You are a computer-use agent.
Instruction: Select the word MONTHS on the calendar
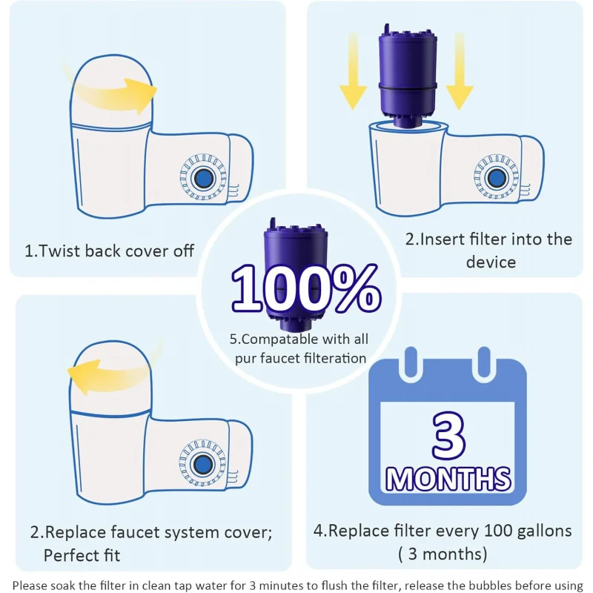point(448,478)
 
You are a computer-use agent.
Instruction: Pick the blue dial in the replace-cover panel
point(200,463)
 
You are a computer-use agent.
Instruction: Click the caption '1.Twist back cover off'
point(109,251)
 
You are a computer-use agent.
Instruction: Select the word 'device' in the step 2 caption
point(491,262)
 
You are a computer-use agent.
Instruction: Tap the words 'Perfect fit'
point(82,554)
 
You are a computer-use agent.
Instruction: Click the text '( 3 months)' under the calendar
point(443,554)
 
